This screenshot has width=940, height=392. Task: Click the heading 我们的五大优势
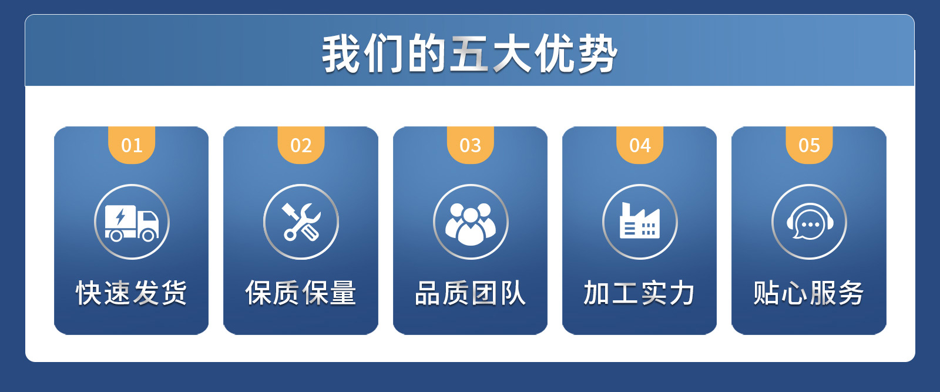pyautogui.click(x=469, y=54)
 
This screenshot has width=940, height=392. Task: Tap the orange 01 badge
pyautogui.click(x=132, y=145)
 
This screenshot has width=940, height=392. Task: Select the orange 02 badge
pyautogui.click(x=301, y=145)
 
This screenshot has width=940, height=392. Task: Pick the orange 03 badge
pyautogui.click(x=470, y=145)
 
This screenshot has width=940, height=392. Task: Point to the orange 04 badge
pyautogui.click(x=640, y=145)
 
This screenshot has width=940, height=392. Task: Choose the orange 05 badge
pyautogui.click(x=809, y=145)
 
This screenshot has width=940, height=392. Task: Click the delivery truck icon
pyautogui.click(x=132, y=222)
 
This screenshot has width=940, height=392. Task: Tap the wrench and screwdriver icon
pyautogui.click(x=301, y=222)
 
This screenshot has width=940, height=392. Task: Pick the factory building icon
pyautogui.click(x=640, y=222)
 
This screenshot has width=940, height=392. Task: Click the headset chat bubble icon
pyautogui.click(x=809, y=222)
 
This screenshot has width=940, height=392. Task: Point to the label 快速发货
pyautogui.click(x=132, y=293)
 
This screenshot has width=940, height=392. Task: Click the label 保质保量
pyautogui.click(x=301, y=293)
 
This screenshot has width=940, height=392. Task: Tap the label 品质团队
pyautogui.click(x=470, y=293)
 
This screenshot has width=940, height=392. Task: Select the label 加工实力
pyautogui.click(x=640, y=293)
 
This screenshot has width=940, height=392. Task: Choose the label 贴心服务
pyautogui.click(x=809, y=293)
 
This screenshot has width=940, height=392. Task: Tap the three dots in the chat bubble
pyautogui.click(x=810, y=225)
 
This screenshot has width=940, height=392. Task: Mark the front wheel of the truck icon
pyautogui.click(x=149, y=235)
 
